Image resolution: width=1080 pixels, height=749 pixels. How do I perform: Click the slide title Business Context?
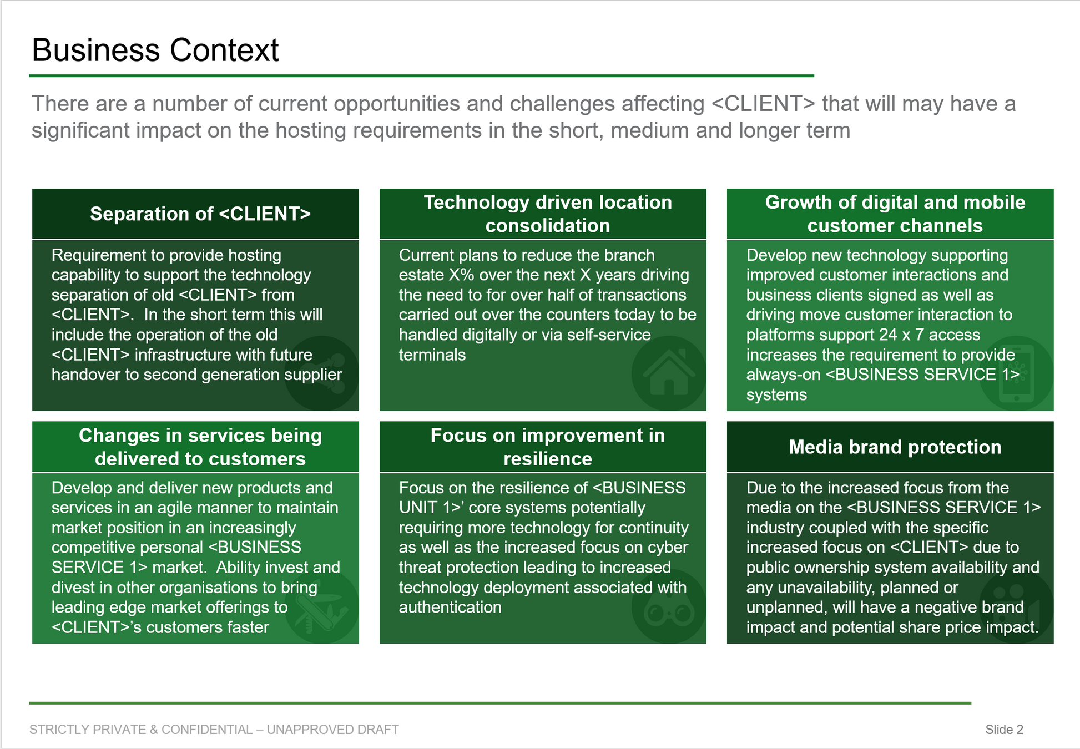[x=155, y=50]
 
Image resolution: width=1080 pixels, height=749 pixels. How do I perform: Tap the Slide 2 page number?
[x=1004, y=730]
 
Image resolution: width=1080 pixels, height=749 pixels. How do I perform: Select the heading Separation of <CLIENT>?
[x=200, y=214]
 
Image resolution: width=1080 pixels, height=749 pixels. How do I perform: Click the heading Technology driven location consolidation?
[x=548, y=214]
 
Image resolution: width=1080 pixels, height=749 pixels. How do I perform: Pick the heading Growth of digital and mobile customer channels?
[x=895, y=214]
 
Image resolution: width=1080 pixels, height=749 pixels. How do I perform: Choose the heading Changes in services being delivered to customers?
[x=200, y=447]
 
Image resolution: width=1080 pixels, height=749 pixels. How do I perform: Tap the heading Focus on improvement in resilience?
[x=548, y=447]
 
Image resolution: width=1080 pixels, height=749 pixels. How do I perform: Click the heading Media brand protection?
[x=895, y=447]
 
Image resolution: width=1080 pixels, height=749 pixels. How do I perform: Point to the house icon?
[x=669, y=373]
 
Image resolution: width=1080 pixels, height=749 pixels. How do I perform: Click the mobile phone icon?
[x=1016, y=373]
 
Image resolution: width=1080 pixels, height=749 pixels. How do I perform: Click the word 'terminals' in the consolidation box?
[x=432, y=355]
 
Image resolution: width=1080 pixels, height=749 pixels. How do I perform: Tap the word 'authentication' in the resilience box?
[x=450, y=608]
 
